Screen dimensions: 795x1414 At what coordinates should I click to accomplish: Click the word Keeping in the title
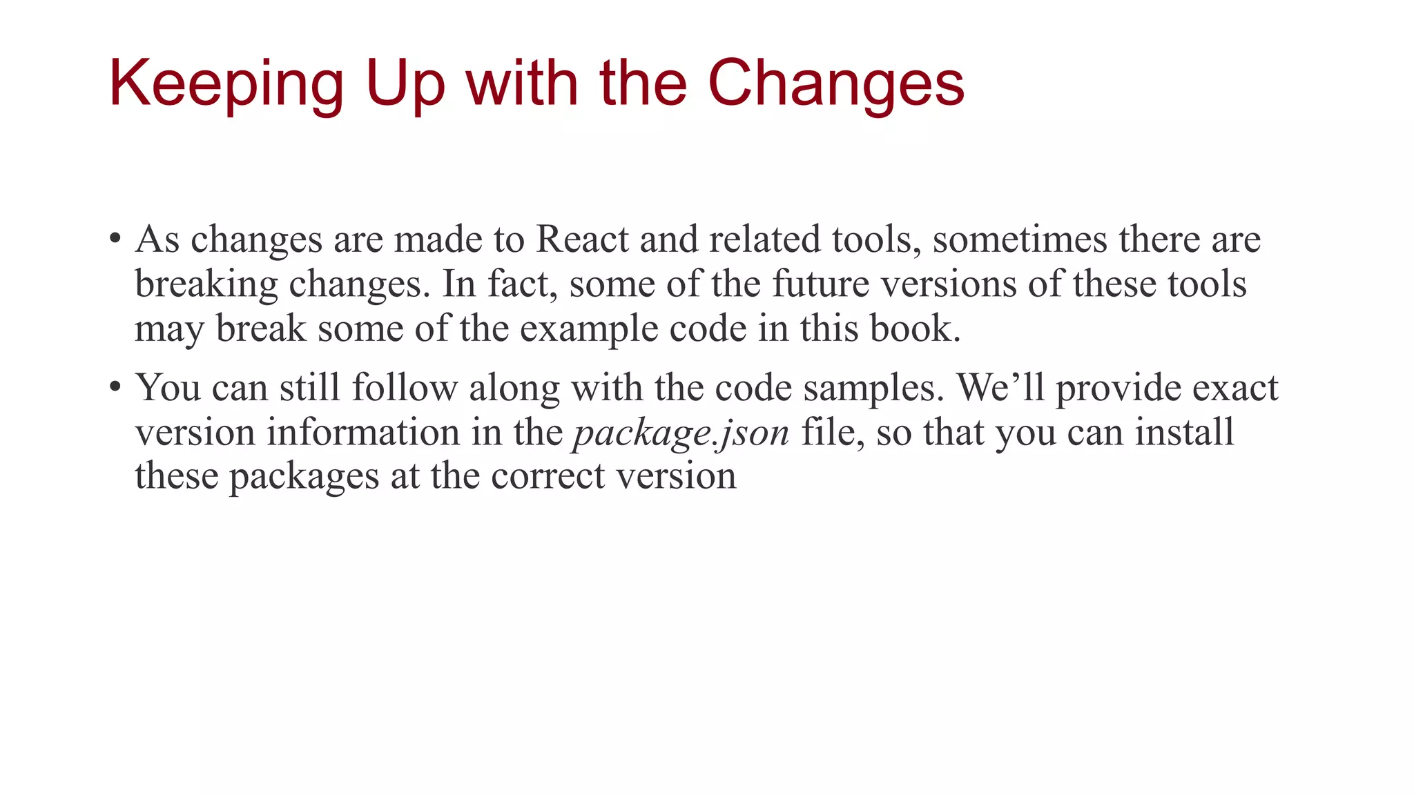tap(226, 84)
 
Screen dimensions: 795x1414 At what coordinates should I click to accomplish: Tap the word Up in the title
tap(405, 84)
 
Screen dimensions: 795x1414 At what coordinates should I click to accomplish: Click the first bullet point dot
tap(115, 239)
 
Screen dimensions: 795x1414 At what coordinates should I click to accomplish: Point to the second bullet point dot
tap(115, 386)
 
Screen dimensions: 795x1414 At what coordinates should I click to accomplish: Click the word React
tap(582, 239)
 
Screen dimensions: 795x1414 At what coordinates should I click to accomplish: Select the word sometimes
tap(1019, 239)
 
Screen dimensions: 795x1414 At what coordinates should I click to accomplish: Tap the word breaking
tap(206, 284)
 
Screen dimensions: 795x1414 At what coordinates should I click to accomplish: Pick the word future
tap(820, 284)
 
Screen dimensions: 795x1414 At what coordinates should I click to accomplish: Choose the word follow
tap(405, 387)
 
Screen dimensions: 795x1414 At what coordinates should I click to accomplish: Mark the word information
tap(363, 432)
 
